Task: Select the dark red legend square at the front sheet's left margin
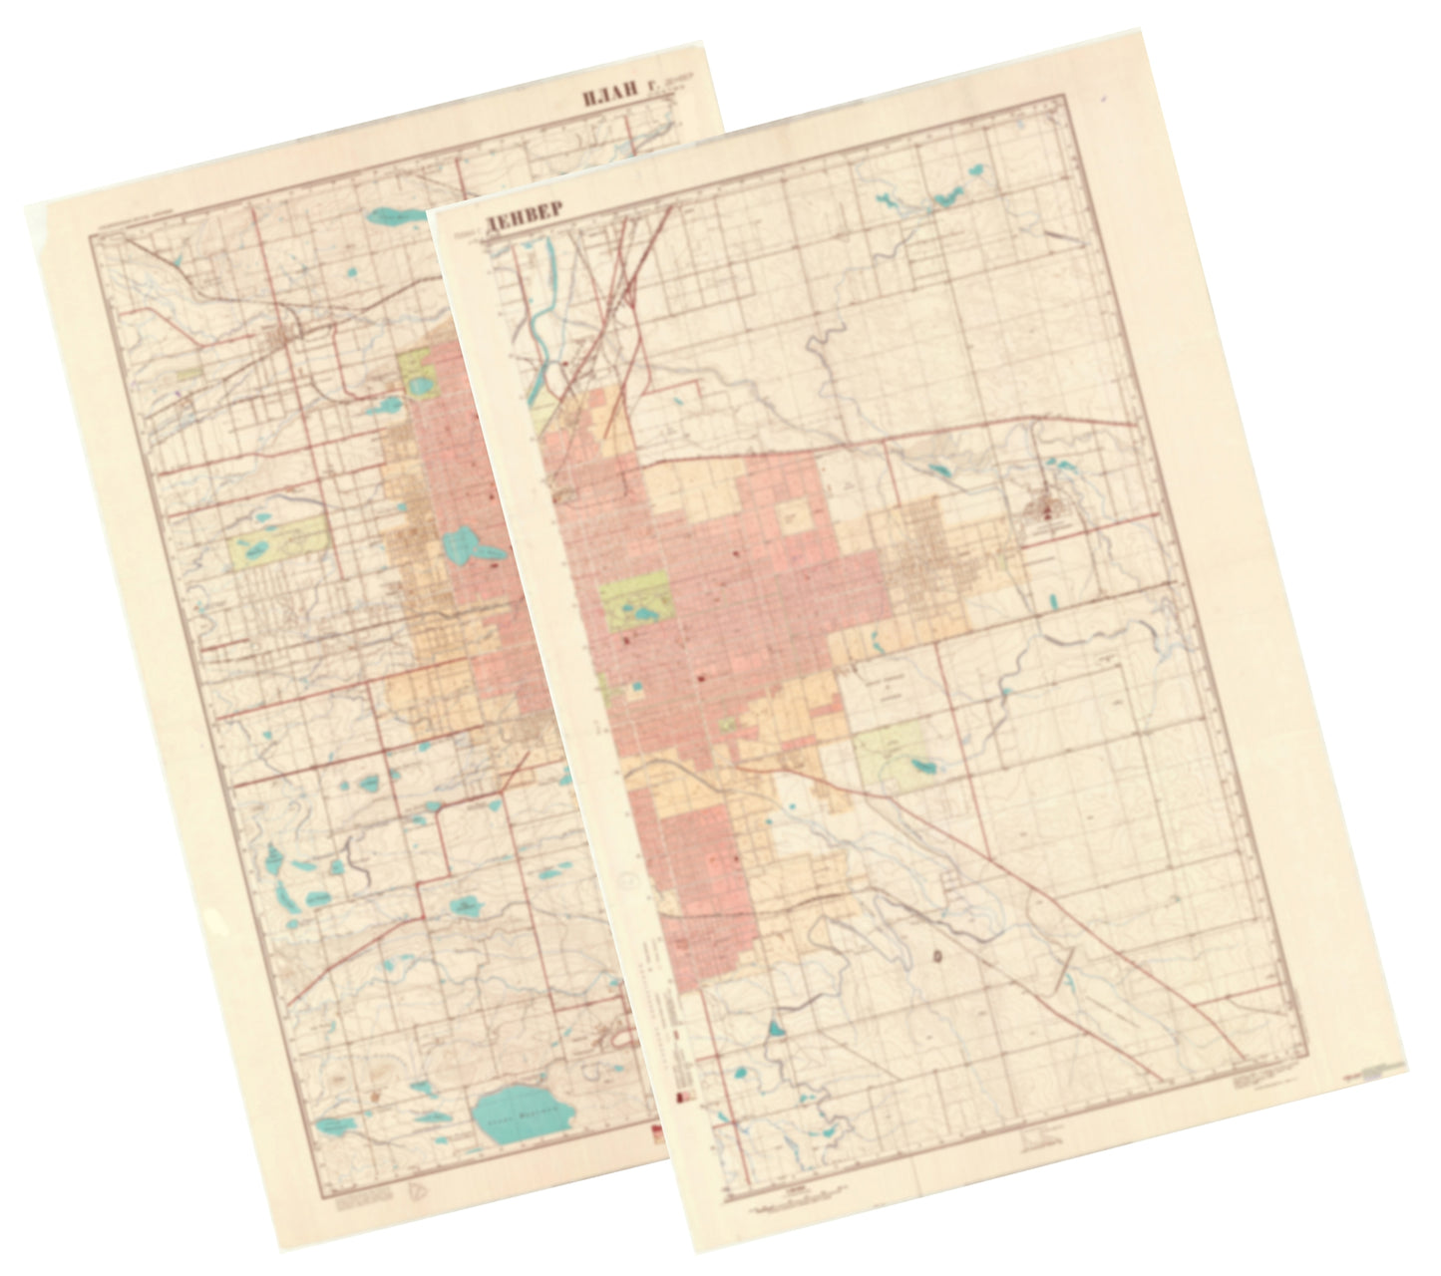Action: click(682, 1097)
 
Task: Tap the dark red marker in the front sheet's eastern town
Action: click(1047, 514)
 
